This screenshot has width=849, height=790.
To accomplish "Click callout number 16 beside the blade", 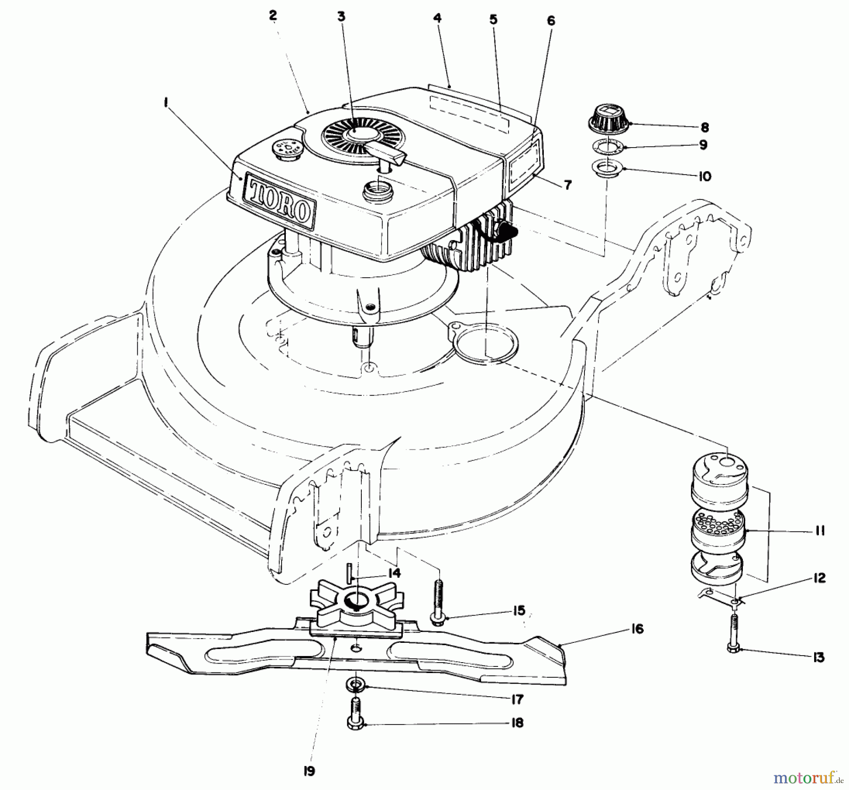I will [637, 629].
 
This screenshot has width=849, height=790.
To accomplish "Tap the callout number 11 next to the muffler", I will [820, 532].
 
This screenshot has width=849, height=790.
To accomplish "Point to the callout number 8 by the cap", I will [704, 127].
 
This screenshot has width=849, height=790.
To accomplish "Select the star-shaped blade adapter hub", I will [356, 604].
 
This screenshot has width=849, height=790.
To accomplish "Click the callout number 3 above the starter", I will [341, 17].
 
